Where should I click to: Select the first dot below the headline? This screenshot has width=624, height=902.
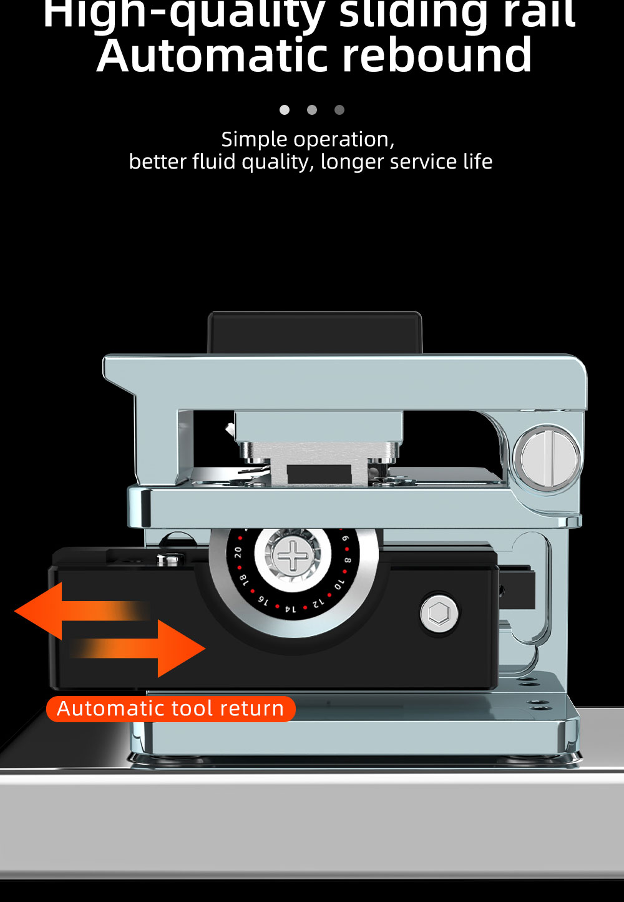pyautogui.click(x=285, y=110)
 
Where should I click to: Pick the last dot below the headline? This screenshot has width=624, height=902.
pyautogui.click(x=339, y=110)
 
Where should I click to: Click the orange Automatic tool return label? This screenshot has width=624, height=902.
pyautogui.click(x=170, y=709)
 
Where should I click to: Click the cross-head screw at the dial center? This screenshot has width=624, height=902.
pyautogui.click(x=292, y=556)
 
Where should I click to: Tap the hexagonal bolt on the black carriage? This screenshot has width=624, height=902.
pyautogui.click(x=439, y=613)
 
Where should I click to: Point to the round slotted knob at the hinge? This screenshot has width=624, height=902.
pyautogui.click(x=548, y=459)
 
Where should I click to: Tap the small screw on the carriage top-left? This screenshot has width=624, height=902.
pyautogui.click(x=168, y=560)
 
